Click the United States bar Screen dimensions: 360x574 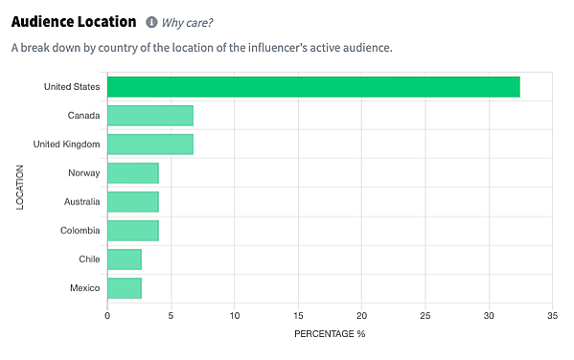click(313, 87)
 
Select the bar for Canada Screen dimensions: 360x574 click(150, 116)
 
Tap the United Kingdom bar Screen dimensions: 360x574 click(150, 145)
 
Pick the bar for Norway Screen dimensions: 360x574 click(133, 173)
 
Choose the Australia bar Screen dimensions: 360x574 click(133, 202)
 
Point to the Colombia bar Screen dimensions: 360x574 click(133, 231)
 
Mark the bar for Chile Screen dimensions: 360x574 click(125, 259)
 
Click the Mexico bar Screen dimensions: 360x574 click(125, 288)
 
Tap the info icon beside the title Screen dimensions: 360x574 click(151, 22)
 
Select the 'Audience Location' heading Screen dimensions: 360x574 click(73, 21)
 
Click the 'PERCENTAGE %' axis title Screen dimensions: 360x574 click(330, 334)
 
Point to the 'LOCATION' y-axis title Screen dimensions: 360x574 click(19, 188)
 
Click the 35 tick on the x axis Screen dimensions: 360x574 click(553, 315)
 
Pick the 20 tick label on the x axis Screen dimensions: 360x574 click(362, 315)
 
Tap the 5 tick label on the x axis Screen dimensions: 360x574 click(171, 315)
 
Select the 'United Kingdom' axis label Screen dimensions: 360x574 click(66, 145)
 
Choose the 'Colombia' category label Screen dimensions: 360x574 click(79, 231)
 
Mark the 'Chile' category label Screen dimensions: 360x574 click(88, 259)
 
